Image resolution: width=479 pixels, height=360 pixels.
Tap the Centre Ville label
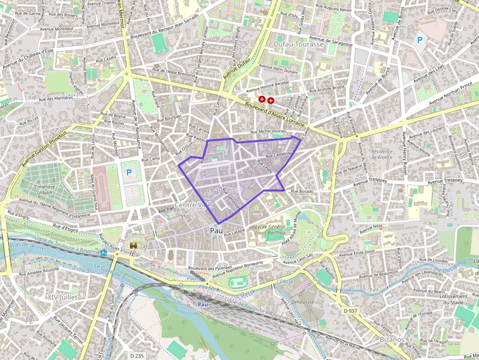click(x=193, y=205)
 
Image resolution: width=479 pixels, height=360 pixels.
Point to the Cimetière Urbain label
click(x=44, y=190)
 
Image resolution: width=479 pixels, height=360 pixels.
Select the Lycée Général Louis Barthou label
click(x=270, y=230)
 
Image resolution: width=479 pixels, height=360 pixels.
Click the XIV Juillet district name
click(x=63, y=297)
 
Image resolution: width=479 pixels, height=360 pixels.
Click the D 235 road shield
click(x=137, y=356)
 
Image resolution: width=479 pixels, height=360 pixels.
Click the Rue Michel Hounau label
click(x=268, y=132)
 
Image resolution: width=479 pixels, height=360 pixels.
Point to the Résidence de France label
click(x=382, y=154)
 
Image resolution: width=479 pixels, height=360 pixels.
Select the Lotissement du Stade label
click(x=453, y=299)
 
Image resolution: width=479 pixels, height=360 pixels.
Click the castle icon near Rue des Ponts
click(x=133, y=247)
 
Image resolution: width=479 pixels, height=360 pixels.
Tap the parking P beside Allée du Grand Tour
click(x=129, y=172)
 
